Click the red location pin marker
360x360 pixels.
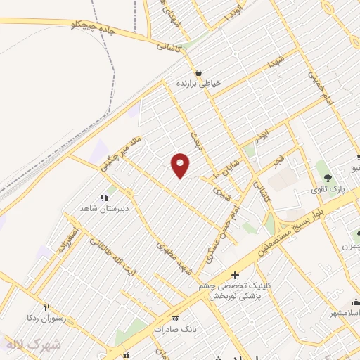click(181, 165)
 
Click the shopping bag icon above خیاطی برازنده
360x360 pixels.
click(200, 72)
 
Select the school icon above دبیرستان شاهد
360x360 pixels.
click(104, 198)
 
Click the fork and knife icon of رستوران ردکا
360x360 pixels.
click(46, 307)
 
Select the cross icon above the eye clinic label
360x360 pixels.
click(234, 275)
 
